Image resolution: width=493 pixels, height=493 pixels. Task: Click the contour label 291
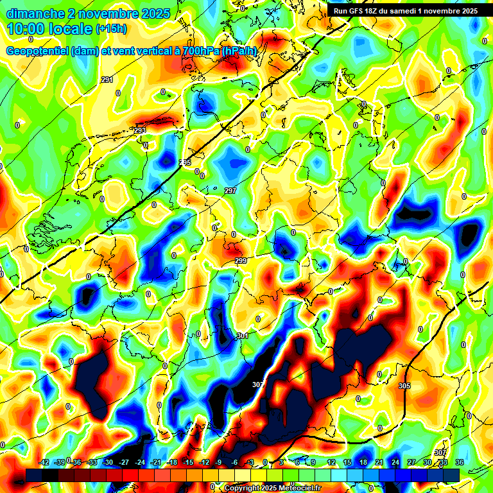107,80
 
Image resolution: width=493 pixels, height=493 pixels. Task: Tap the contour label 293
140,130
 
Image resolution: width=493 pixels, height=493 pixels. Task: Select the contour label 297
230,191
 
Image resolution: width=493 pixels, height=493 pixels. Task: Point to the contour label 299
241,261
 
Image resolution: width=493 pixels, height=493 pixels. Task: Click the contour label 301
243,336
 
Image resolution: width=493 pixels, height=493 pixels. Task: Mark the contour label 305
404,385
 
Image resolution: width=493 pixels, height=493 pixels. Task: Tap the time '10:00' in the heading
27,29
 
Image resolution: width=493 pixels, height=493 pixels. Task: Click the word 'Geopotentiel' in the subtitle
36,51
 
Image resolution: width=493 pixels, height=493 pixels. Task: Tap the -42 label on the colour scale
44,462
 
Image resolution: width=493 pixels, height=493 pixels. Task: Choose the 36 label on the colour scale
459,462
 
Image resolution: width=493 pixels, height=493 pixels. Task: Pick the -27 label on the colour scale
124,462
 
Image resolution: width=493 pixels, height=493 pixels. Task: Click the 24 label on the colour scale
395,462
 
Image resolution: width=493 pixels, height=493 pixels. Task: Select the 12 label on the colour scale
331,462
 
